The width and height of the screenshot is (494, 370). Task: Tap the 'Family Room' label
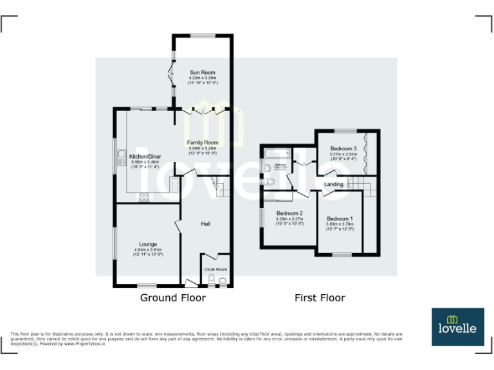point(203,143)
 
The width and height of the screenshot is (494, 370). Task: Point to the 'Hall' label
point(206,224)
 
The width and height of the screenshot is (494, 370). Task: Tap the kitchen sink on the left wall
point(120,157)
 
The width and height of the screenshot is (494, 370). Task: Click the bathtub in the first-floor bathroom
point(276,154)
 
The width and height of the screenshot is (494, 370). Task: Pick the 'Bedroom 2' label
point(289,213)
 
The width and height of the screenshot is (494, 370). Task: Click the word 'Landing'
point(334,184)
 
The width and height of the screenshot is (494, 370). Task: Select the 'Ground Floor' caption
point(173,298)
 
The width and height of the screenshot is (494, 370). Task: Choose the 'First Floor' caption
point(320,298)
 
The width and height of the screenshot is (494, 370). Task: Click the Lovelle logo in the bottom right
point(457,326)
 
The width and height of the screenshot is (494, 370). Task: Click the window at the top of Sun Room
point(201,35)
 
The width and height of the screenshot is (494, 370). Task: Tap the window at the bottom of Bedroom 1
point(342,256)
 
